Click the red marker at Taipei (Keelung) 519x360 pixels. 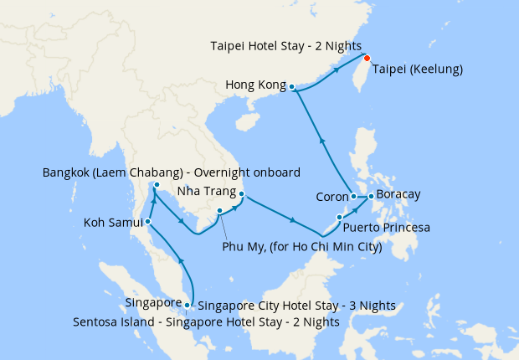point(367,59)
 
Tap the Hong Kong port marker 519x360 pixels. point(291,86)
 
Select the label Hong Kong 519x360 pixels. point(255,85)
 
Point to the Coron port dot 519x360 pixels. point(354,197)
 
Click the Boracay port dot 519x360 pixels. point(371,196)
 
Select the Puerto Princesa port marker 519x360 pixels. point(339,218)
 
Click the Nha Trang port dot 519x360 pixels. point(241,196)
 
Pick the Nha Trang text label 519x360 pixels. point(205,191)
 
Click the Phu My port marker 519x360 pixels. point(219,211)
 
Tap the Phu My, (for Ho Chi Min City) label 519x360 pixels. point(302,247)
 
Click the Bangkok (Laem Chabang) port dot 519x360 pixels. point(157,185)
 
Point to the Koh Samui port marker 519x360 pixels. point(147,222)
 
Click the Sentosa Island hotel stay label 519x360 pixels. point(206,321)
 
